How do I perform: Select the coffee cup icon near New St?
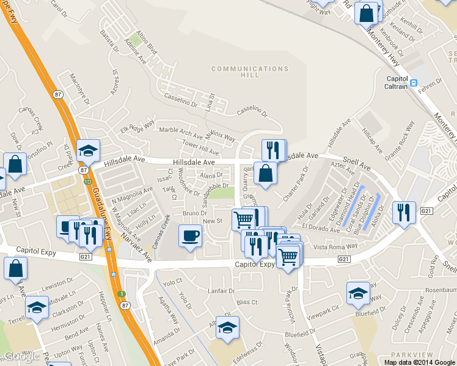[191, 236]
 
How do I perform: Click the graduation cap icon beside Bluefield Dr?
[357, 293]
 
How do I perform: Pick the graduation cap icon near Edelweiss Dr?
[227, 328]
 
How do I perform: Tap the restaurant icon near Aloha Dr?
[404, 213]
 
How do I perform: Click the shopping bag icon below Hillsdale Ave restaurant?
[266, 173]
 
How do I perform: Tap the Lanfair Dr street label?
[221, 291]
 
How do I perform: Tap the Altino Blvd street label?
[147, 42]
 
